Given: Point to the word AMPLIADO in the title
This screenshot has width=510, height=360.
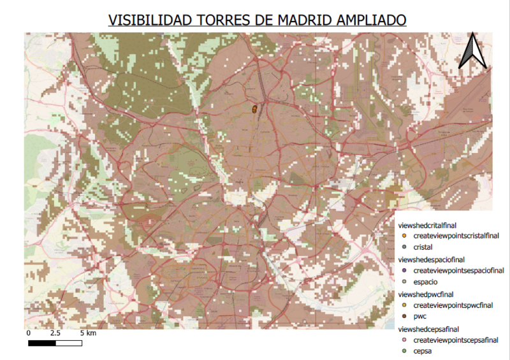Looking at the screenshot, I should [x=367, y=20].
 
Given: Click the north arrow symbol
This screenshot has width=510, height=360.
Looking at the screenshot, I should [x=472, y=50].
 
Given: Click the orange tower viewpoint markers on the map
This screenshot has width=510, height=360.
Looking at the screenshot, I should [x=255, y=109].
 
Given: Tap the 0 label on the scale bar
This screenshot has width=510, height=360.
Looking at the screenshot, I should [x=29, y=333].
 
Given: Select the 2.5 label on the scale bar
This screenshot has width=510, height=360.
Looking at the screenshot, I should [x=55, y=333].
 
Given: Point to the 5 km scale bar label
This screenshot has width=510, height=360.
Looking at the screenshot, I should [x=88, y=333].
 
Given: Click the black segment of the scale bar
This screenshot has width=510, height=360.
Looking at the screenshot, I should [x=42, y=343].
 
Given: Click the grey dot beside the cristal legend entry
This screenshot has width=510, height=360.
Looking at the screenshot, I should [x=404, y=247].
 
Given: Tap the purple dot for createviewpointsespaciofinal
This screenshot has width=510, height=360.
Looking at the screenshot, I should [x=404, y=270].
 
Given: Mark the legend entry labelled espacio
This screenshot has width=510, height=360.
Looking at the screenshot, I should [x=425, y=282].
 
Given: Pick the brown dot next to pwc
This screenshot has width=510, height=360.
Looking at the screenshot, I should [x=404, y=317].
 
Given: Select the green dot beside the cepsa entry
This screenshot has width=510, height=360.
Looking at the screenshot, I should [x=404, y=351].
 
